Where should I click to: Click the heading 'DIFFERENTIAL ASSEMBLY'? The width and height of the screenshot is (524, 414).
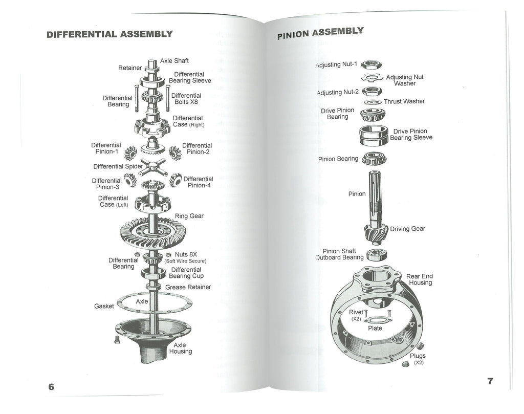tap(110, 35)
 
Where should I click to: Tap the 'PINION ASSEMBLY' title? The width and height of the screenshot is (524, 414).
tap(320, 33)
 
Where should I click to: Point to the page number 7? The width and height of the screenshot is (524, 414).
tap(490, 381)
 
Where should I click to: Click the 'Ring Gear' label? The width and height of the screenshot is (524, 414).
tap(189, 216)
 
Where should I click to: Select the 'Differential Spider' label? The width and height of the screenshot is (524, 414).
tap(116, 166)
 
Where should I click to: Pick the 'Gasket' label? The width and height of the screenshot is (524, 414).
tap(104, 306)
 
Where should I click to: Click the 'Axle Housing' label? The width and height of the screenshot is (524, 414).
tap(180, 348)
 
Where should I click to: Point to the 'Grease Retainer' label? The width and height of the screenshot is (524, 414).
tap(188, 287)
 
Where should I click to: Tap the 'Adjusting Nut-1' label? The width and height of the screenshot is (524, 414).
tap(336, 65)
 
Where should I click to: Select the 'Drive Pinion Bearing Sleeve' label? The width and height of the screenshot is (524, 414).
tap(411, 134)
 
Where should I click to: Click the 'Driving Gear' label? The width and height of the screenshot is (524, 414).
tap(407, 229)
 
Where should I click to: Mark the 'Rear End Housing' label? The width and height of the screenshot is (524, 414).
tap(419, 279)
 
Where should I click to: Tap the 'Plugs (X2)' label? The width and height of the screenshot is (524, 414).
tap(418, 359)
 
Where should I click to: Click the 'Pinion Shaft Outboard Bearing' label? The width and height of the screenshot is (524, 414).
tap(340, 254)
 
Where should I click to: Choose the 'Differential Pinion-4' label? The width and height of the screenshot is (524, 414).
tap(198, 182)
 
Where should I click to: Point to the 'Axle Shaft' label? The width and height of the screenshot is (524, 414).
tap(174, 61)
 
